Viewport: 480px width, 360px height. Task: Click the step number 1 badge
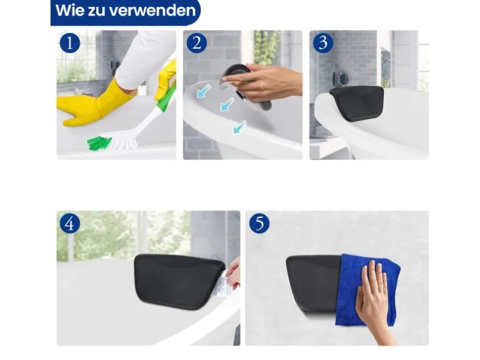70,43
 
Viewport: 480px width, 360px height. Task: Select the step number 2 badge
196,43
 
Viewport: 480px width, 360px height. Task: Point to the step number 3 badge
323,43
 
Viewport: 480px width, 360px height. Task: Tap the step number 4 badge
70,223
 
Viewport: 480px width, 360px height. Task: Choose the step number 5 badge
259,223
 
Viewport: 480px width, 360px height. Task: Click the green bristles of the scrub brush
99,143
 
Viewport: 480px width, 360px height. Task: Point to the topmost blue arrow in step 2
204,91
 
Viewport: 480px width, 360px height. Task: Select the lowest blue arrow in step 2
239,127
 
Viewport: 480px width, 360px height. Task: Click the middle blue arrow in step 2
227,104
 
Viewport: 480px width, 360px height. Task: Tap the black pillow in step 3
357,103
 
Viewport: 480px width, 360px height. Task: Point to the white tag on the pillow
219,287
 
